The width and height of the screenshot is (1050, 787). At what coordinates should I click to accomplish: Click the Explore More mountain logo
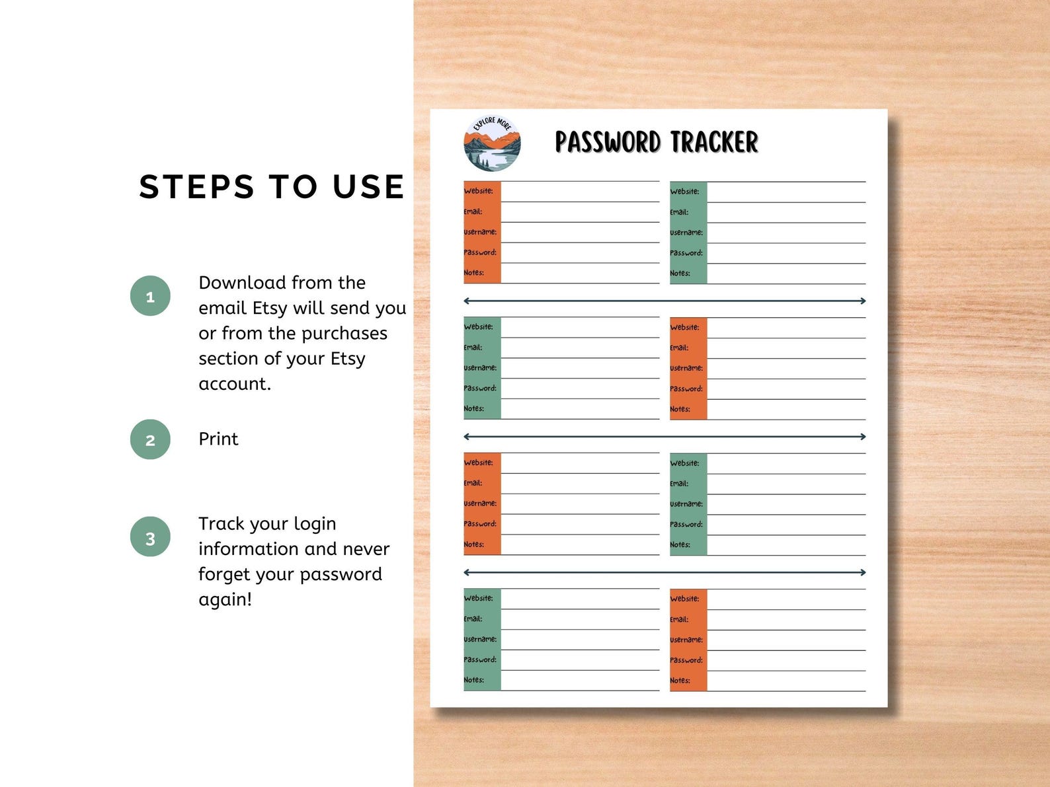point(492,143)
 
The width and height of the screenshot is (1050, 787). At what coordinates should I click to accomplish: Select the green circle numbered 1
point(150,296)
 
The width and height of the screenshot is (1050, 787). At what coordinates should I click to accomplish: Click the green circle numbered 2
point(150,439)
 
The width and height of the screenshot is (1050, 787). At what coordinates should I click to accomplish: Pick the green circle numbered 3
point(150,537)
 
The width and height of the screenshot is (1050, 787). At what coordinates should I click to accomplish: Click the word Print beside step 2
point(218,439)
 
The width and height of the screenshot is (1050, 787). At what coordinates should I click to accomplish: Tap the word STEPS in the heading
point(196,187)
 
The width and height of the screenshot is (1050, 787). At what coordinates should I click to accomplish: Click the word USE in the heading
point(368,187)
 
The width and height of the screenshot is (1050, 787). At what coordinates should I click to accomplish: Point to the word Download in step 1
point(241,283)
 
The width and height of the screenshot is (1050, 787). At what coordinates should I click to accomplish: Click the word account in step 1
point(233,384)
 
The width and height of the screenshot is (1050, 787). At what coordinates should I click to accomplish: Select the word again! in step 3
point(225,599)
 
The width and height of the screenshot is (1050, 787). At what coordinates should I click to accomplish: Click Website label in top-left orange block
point(478,191)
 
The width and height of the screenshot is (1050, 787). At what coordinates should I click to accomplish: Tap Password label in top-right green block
point(686,253)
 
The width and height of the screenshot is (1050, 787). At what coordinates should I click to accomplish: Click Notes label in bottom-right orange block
point(680,681)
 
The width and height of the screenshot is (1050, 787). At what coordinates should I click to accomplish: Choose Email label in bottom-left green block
point(473,619)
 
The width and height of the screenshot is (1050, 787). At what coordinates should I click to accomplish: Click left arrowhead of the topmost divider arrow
point(467,301)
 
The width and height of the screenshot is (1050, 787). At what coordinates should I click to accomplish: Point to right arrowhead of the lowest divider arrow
point(862,572)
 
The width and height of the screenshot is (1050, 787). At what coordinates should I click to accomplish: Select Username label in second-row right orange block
point(686,368)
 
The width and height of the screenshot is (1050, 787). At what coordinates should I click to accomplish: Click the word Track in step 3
point(222,524)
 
